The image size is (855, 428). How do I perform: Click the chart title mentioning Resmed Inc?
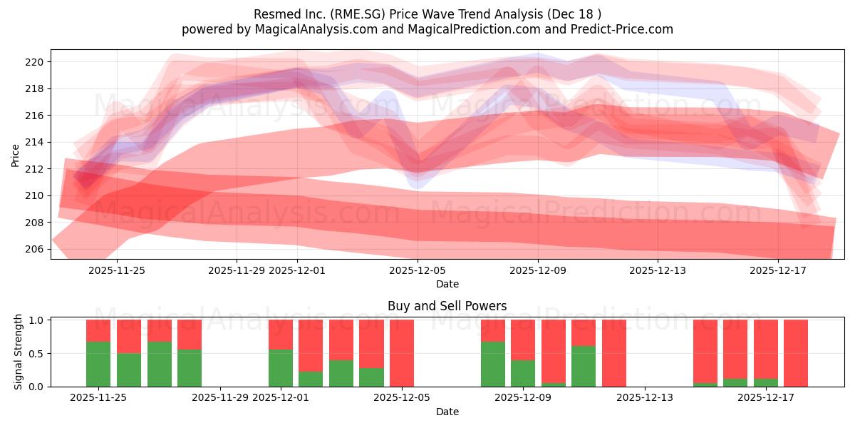pos(427,14)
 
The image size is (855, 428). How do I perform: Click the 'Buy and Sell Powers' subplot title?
pos(447,306)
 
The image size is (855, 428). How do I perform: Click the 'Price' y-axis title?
pos(16,155)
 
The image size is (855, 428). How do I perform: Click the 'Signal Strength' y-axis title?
pos(19,352)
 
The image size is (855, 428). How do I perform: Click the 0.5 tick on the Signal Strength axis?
pos(36,353)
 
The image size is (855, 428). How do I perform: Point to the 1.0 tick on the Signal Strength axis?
pos(36,320)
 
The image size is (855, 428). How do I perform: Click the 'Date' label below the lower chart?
pos(447,412)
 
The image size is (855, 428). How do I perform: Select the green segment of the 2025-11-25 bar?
pos(98,365)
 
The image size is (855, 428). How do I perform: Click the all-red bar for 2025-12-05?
pos(402,353)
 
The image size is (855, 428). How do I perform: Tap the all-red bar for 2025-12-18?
pos(796,353)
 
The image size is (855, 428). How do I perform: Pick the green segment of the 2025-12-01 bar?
pos(281,368)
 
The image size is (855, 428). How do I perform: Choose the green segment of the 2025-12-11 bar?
pos(584,366)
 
